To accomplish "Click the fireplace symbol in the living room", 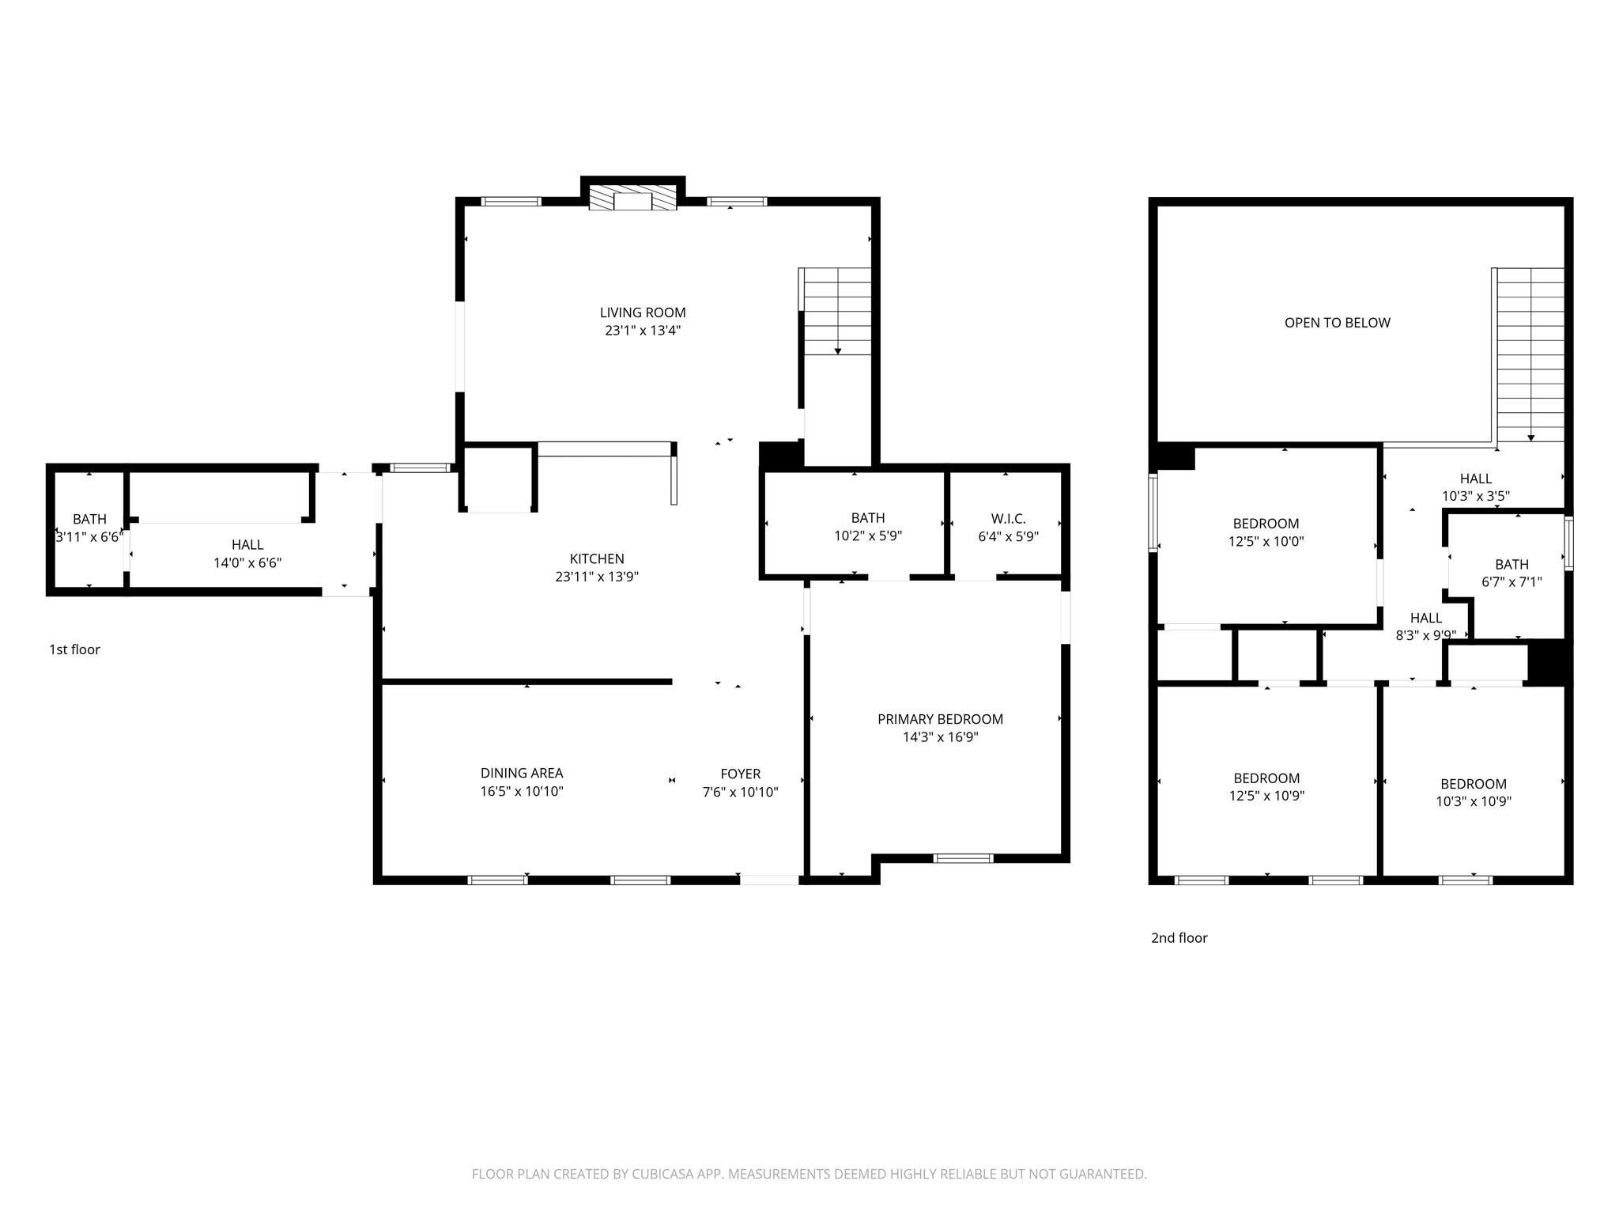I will (x=632, y=199).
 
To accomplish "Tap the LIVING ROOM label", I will (x=643, y=313).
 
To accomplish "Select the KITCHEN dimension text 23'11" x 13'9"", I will (x=597, y=577).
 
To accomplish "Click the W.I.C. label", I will (x=1008, y=519).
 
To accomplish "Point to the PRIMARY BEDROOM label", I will (x=940, y=719).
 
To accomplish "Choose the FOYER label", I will (x=740, y=774).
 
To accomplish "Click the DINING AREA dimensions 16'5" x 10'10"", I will (x=522, y=792).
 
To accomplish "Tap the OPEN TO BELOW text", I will (x=1337, y=323).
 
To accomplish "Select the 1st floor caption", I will (x=74, y=649).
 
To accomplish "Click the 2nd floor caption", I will (x=1179, y=938).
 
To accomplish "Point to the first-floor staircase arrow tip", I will (x=838, y=352).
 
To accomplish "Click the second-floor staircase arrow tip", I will (x=1531, y=438).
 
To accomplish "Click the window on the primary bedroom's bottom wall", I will (x=963, y=858).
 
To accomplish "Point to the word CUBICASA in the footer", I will (x=662, y=1175).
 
